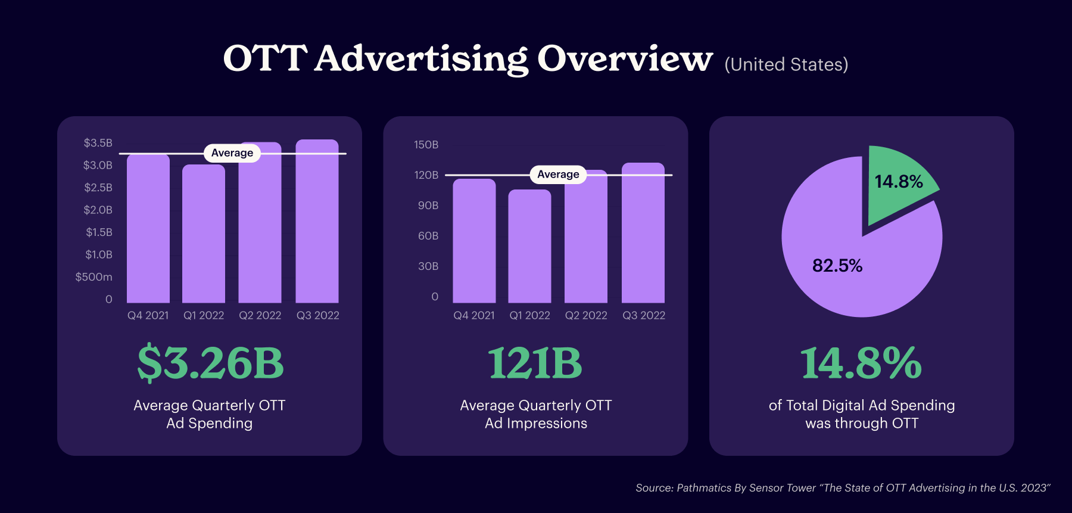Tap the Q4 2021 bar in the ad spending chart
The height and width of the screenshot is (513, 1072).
pos(148,229)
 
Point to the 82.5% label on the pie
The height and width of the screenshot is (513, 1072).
pos(837,266)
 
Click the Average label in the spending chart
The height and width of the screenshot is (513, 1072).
pos(232,153)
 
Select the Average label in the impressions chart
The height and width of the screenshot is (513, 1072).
pos(558,175)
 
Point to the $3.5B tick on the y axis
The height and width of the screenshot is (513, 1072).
pos(98,143)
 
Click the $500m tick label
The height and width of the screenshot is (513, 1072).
pos(94,277)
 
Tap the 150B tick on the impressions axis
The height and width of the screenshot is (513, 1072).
pos(426,145)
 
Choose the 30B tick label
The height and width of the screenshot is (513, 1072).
pos(428,266)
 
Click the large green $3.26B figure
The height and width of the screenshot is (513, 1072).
pos(210,363)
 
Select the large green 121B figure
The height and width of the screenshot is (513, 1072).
pos(535,363)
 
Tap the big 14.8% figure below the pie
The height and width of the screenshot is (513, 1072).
pos(861,363)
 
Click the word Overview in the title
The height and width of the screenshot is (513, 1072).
pos(625,59)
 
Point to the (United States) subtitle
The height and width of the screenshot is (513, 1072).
pos(786,64)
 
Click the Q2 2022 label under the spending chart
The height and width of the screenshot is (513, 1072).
pos(260,316)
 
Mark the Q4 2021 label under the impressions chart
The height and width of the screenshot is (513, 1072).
pos(474,316)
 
